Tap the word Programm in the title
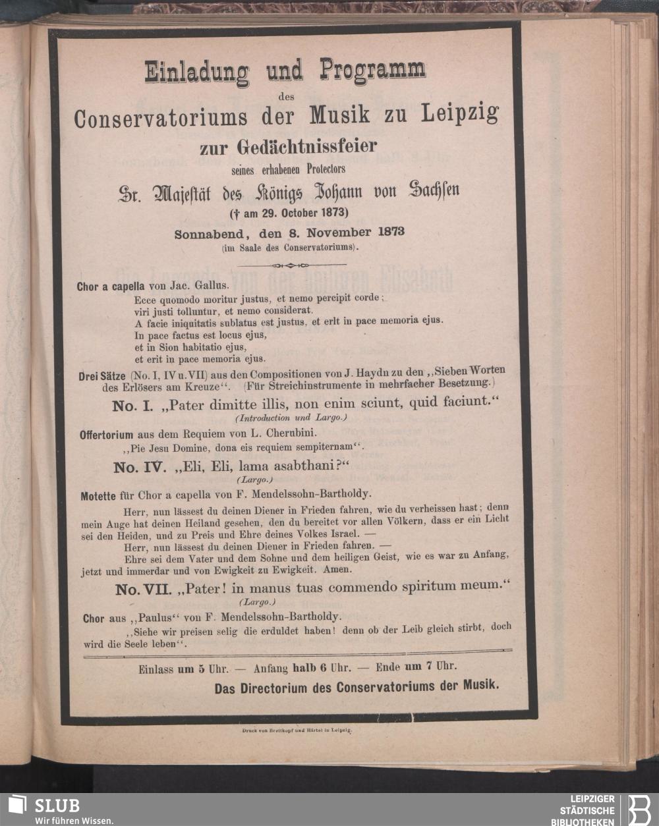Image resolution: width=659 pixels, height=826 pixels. coord(373,70)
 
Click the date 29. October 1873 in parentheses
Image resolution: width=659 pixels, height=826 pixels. coord(295,213)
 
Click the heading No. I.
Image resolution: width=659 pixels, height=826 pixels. coord(133,406)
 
